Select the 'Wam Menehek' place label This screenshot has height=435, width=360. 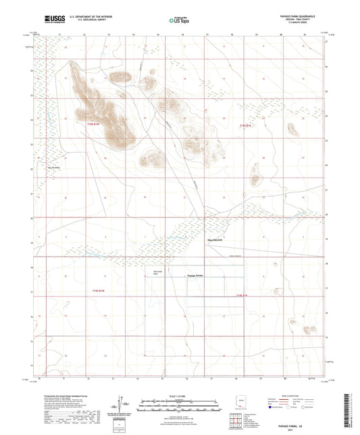tap(214, 238)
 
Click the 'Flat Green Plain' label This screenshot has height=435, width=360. tap(156, 273)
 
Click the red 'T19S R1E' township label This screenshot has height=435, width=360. tap(245, 125)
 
